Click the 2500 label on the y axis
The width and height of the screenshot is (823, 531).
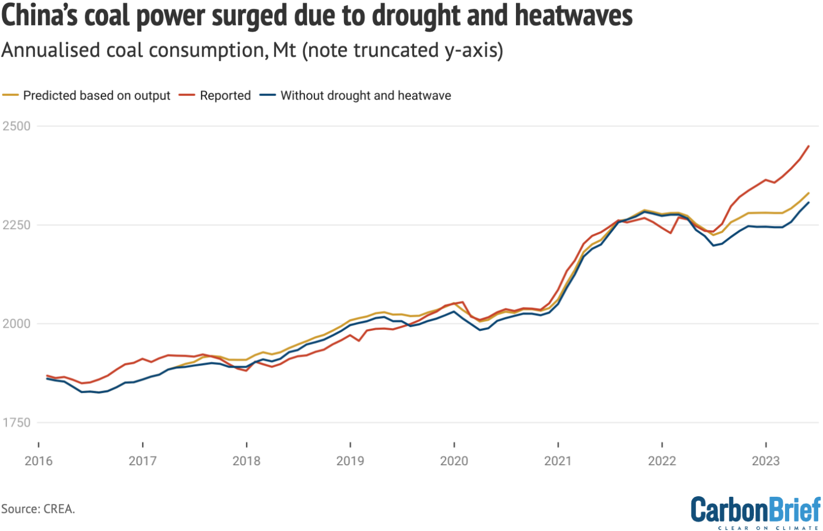[x=16, y=126]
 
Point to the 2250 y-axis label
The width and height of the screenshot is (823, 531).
[x=16, y=225]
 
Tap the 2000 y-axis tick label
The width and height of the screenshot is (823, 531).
[x=16, y=324]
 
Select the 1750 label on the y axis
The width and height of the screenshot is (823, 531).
[x=16, y=422]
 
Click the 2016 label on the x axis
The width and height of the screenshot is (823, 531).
[x=39, y=461]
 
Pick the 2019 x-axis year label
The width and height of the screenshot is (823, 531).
[x=350, y=461]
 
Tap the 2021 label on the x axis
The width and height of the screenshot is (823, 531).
[x=558, y=461]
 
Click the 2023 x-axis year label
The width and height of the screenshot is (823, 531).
[x=766, y=461]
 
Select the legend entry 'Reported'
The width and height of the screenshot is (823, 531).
[x=225, y=96]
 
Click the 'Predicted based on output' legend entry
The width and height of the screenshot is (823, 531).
[x=96, y=96]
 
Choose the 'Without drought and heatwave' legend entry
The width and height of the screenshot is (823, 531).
[x=365, y=96]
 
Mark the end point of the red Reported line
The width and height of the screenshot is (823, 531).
[x=809, y=146]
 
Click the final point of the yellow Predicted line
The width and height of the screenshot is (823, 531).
[x=809, y=193]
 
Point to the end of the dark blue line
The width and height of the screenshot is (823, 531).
[x=809, y=202]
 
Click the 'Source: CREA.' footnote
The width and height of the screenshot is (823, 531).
[x=38, y=509]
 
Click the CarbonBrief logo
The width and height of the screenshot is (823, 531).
[x=755, y=511]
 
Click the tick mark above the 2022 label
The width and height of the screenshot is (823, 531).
[x=662, y=444]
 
